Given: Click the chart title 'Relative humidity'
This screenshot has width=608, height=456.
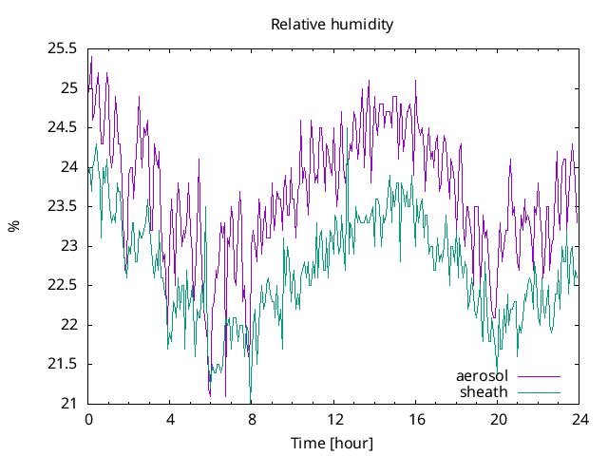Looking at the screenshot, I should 332,24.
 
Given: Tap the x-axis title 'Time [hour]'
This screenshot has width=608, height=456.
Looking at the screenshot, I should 332,443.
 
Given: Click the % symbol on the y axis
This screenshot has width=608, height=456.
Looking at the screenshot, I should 13,226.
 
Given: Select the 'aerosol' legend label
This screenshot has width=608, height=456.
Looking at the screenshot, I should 482,376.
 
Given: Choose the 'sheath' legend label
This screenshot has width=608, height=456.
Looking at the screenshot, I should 484,391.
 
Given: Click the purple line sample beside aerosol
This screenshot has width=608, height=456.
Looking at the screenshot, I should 539,376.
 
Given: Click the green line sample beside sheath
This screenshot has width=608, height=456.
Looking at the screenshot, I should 539,391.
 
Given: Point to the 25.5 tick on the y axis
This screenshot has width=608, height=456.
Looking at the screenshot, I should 63,49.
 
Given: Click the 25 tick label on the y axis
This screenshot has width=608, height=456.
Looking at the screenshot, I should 68,88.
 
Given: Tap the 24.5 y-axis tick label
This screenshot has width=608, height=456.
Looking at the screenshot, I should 63,128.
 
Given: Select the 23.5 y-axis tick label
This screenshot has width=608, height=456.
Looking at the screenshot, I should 63,207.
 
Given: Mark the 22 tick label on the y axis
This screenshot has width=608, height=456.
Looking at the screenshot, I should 68,325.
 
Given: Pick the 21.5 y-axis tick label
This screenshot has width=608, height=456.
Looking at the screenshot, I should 63,364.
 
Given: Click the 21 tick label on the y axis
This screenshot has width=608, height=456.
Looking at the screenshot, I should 68,404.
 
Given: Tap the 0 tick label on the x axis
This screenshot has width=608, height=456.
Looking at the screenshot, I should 88,419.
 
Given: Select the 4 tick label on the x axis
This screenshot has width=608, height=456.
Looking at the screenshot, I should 170,419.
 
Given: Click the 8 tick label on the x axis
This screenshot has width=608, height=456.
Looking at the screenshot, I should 252,419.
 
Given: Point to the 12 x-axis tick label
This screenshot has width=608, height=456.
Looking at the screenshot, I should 333,419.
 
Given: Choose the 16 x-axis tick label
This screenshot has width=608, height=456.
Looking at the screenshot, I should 415,419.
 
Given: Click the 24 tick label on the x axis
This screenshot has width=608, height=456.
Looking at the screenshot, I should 579,419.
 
